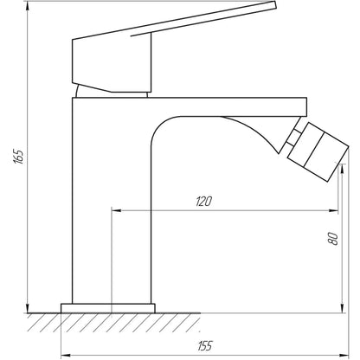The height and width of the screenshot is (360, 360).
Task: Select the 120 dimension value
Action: click(204, 201)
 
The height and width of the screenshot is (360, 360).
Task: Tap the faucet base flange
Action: click(108, 307)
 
